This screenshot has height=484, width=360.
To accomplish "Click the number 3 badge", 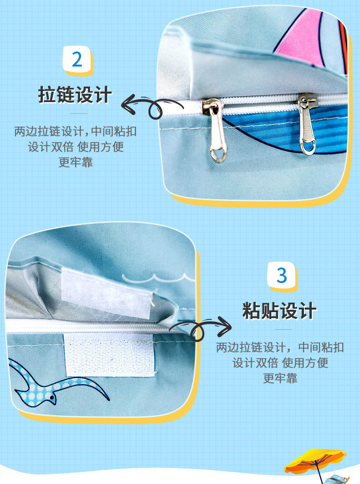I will pos(282,276).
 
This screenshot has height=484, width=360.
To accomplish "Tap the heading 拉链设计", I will pos(75,95).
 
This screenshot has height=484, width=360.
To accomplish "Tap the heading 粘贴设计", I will pos(279,311).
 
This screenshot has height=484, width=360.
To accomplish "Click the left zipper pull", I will pos(217,130).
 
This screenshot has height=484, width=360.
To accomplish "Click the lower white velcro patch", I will pos(110,355).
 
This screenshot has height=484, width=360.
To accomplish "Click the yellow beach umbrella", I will pos(314,458).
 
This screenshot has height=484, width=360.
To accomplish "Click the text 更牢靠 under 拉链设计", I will pos(75,162).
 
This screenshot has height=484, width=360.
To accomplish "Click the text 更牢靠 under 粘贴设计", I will pos(280,378).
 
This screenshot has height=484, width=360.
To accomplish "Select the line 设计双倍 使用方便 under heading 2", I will pos(75,147).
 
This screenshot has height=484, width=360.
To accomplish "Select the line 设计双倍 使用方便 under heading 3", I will pos(280,363).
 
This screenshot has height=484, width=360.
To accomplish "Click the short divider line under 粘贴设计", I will pos(283,329).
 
